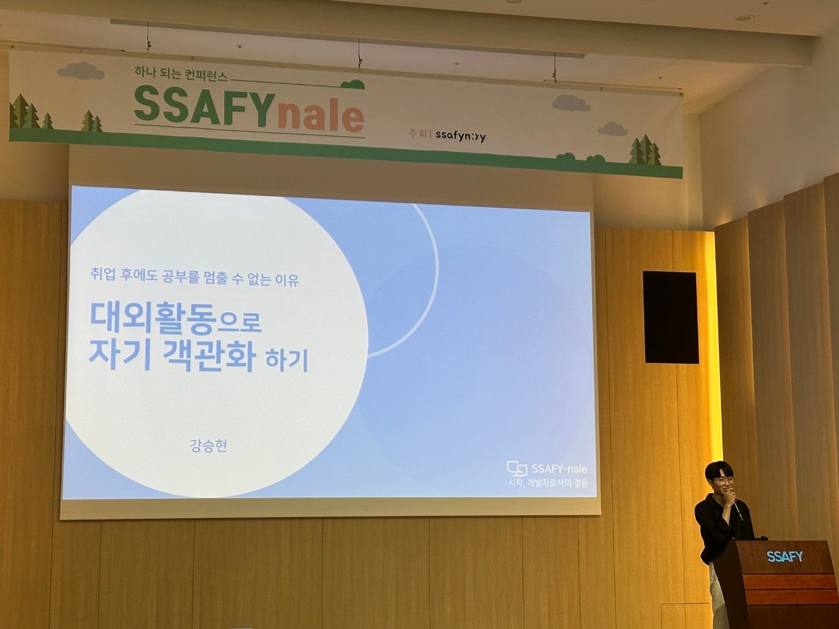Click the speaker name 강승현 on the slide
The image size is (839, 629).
pyautogui.click(x=208, y=445)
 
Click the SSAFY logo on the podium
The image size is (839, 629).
pyautogui.click(x=785, y=557)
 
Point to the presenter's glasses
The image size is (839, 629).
pyautogui.click(x=721, y=481)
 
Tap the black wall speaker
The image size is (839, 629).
pyautogui.click(x=671, y=317)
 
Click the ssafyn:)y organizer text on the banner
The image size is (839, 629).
pyautogui.click(x=460, y=136)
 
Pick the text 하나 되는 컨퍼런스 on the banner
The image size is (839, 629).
pyautogui.click(x=181, y=73)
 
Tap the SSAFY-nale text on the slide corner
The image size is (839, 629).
pyautogui.click(x=559, y=469)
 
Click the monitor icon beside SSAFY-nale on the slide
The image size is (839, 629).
pyautogui.click(x=517, y=468)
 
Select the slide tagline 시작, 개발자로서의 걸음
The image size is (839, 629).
pyautogui.click(x=548, y=483)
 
